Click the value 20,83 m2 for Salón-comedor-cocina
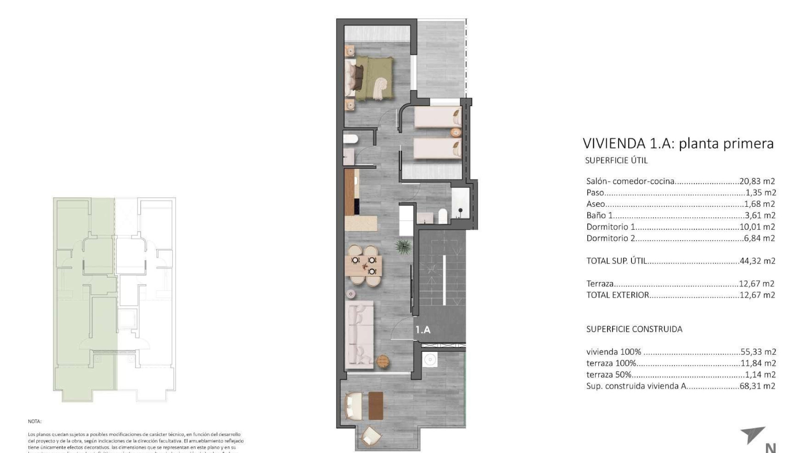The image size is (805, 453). click(x=757, y=182)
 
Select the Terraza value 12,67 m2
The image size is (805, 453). click(x=757, y=284)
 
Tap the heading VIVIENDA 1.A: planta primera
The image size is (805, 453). click(x=678, y=143)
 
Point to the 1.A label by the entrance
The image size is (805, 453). click(x=423, y=330)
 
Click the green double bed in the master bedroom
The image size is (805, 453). click(x=373, y=79)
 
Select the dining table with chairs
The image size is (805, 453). click(x=364, y=266)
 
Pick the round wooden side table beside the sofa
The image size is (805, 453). click(x=383, y=360)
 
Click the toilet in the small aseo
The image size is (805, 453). click(x=350, y=139)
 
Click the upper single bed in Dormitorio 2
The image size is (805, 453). click(x=438, y=116)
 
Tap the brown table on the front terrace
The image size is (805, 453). click(x=376, y=405)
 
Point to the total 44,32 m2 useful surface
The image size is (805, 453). click(x=757, y=261)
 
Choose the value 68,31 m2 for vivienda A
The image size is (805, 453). click(x=757, y=386)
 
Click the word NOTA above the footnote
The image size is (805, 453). click(x=35, y=421)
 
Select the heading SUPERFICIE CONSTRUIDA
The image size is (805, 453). click(x=634, y=329)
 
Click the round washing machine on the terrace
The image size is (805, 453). click(x=430, y=360)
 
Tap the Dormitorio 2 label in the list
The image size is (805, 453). click(x=610, y=238)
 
